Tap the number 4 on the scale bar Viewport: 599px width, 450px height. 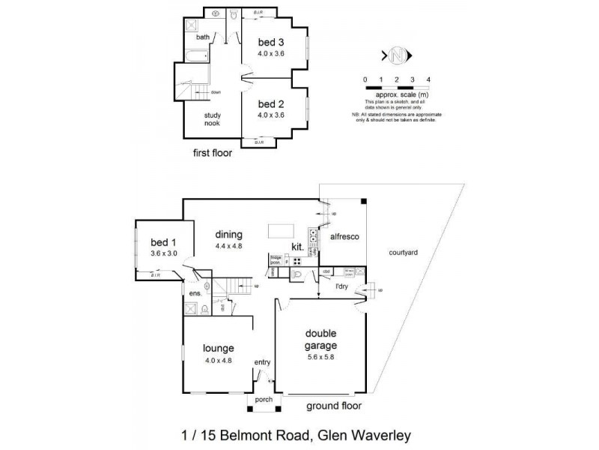tap(428, 79)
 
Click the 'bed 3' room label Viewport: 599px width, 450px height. tap(270, 41)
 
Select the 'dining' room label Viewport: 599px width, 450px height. tap(229, 234)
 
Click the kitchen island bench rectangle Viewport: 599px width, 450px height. tap(282, 229)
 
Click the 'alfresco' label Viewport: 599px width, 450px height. tap(344, 237)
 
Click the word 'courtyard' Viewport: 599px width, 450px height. tap(404, 253)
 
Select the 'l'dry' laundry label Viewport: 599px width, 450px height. tap(324, 286)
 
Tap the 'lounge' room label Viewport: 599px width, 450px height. tap(219, 348)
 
